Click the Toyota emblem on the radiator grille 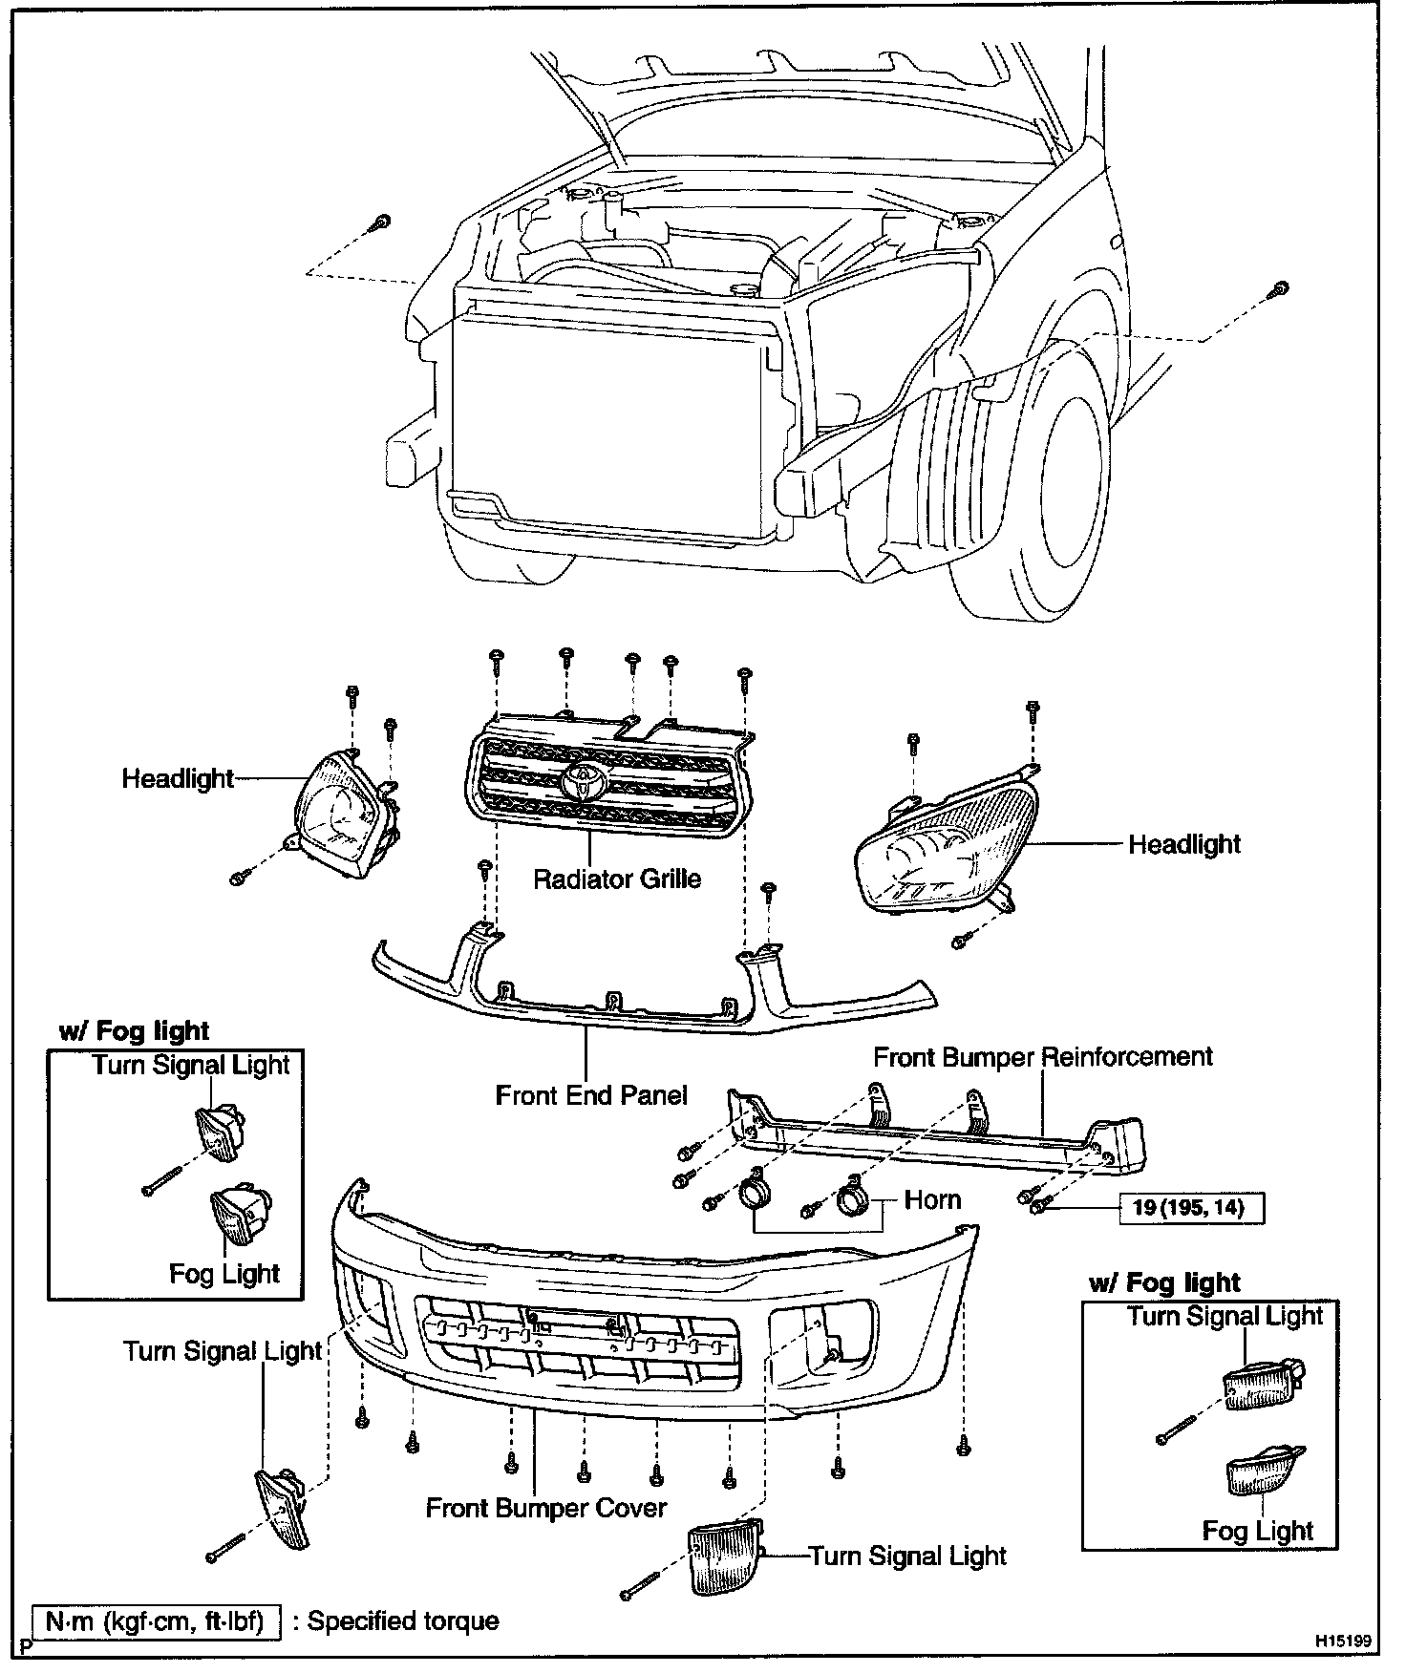point(584,781)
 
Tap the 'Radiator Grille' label point(617,879)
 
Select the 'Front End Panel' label point(591,1094)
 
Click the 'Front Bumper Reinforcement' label point(1042,1057)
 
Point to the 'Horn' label point(931,1199)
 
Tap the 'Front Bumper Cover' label point(545,1508)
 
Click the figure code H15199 point(1343,1641)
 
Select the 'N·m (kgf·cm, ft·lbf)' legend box point(157,1621)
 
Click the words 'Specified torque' point(403,1621)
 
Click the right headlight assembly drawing point(946,840)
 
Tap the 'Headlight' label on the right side point(1184,844)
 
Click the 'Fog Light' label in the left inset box point(224,1273)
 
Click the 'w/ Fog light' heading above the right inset point(1163,1282)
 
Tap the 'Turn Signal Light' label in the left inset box point(191,1065)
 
